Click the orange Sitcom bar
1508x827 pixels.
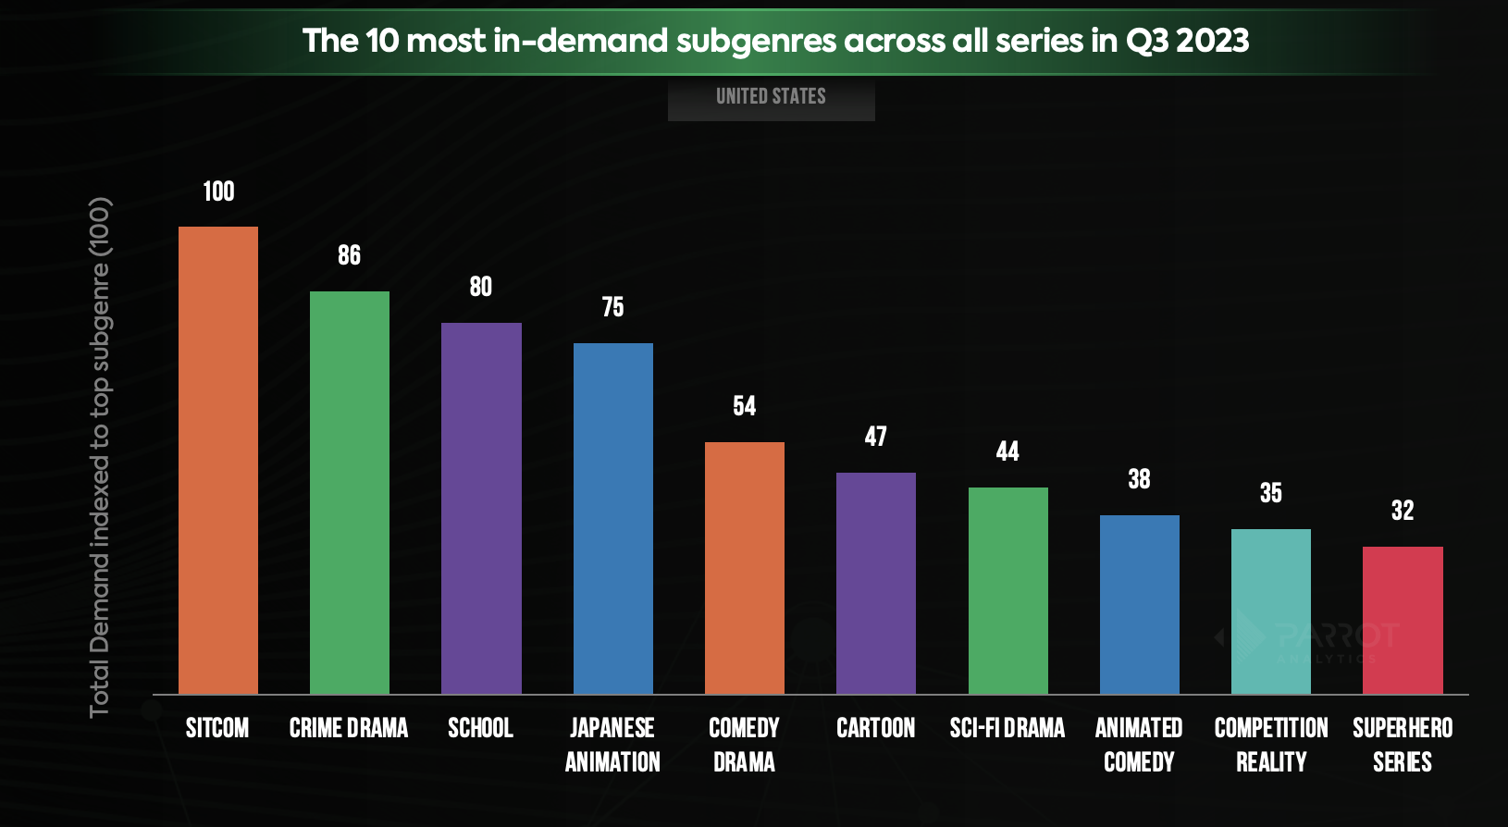218,460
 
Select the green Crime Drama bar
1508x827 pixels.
350,492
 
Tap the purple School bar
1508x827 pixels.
481,508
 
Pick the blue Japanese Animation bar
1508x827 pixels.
612,518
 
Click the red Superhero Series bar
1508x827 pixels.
1403,620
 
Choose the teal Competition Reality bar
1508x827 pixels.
1271,611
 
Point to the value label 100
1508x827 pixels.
219,191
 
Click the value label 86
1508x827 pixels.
350,255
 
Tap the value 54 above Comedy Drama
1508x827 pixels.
745,406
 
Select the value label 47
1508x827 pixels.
876,437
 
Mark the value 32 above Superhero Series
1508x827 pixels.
1403,511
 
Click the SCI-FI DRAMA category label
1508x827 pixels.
1007,729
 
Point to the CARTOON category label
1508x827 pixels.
876,729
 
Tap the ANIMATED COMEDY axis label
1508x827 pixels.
1139,745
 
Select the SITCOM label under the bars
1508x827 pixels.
217,729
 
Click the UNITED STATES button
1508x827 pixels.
771,97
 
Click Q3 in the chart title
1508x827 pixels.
1148,41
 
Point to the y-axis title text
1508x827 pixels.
100,457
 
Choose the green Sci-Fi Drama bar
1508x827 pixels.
1007,590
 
